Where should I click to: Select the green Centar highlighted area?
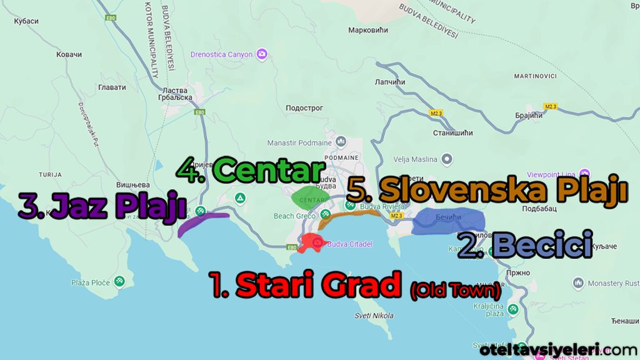pyautogui.click(x=311, y=197)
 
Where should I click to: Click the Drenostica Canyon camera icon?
pyautogui.click(x=263, y=54)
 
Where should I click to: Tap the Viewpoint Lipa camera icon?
pyautogui.click(x=585, y=173)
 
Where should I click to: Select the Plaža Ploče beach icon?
pyautogui.click(x=118, y=282)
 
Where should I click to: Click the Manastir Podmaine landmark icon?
pyautogui.click(x=341, y=142)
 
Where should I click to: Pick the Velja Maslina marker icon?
pyautogui.click(x=447, y=158)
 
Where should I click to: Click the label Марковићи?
pyautogui.click(x=368, y=30)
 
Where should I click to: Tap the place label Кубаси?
pyautogui.click(x=25, y=21)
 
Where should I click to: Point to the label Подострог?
pyautogui.click(x=304, y=108)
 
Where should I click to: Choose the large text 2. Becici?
pyautogui.click(x=525, y=244)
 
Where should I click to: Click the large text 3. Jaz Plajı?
pyautogui.click(x=102, y=206)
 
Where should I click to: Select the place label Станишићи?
pyautogui.click(x=453, y=133)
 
